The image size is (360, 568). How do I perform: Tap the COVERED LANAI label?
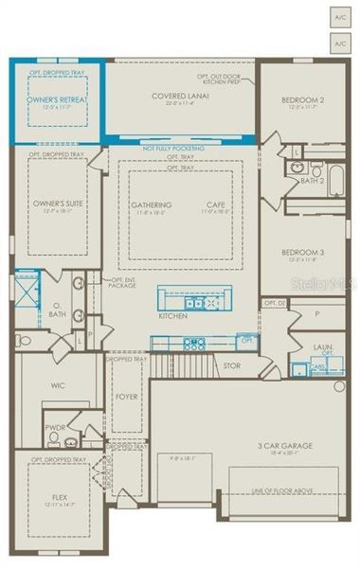(179, 96)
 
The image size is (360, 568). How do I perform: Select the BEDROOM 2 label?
(303, 99)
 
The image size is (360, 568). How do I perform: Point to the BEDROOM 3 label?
(304, 252)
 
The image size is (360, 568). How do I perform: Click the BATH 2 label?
(313, 180)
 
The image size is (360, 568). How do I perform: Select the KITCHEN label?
(172, 315)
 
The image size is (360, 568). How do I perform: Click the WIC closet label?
(56, 386)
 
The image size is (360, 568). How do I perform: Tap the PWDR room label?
(56, 427)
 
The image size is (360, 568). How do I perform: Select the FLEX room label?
(59, 495)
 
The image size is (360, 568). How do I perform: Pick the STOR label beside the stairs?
(232, 365)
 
